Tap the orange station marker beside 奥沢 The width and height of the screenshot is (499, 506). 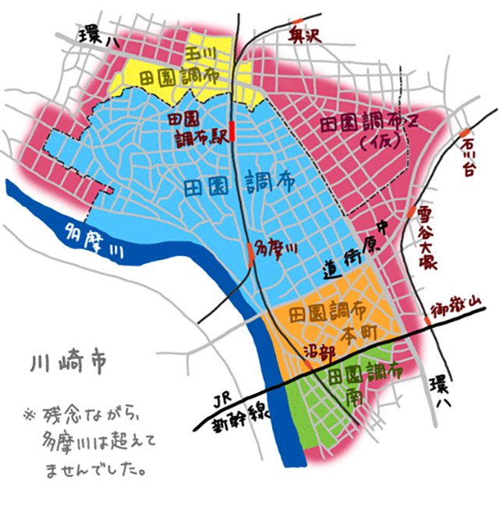pos(297,21)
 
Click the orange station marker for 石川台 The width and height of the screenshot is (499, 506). pos(465,131)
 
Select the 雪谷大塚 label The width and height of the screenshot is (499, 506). pos(426,238)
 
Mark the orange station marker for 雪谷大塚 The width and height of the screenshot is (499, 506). pos(409,212)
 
